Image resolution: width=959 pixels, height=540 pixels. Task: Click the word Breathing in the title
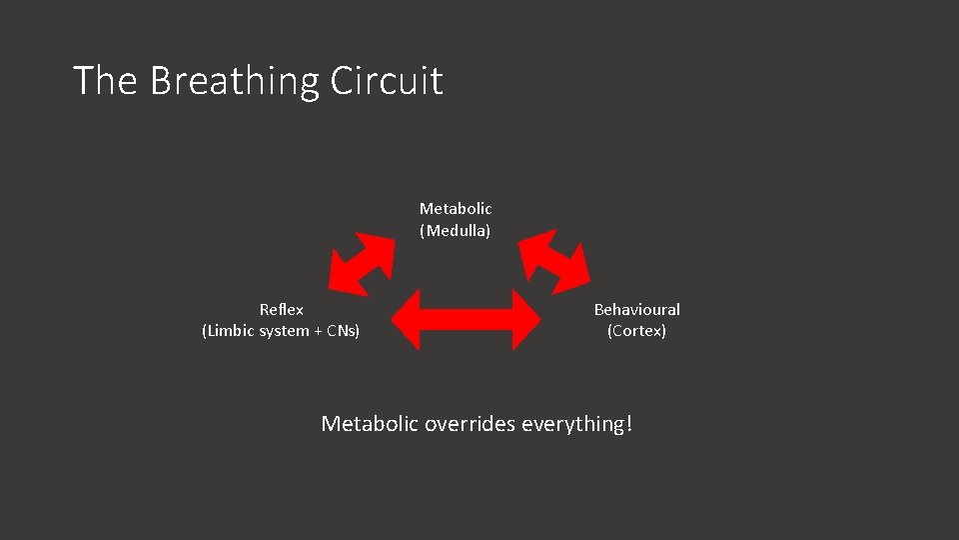click(x=235, y=81)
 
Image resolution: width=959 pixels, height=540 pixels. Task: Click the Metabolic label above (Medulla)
click(x=456, y=209)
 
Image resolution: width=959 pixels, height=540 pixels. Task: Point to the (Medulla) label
click(x=456, y=231)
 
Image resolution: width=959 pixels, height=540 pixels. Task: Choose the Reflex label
click(x=281, y=310)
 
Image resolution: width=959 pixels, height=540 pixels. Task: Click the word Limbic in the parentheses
click(x=231, y=331)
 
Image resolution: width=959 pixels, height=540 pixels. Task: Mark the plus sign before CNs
click(x=316, y=331)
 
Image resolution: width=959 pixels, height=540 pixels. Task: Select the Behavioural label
click(x=636, y=310)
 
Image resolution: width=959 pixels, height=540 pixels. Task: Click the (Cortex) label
click(x=636, y=331)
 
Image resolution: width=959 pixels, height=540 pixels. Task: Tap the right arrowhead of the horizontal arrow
click(x=524, y=320)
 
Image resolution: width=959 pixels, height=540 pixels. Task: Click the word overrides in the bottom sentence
click(x=466, y=424)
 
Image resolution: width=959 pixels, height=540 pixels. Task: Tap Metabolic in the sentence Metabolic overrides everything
click(x=370, y=424)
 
